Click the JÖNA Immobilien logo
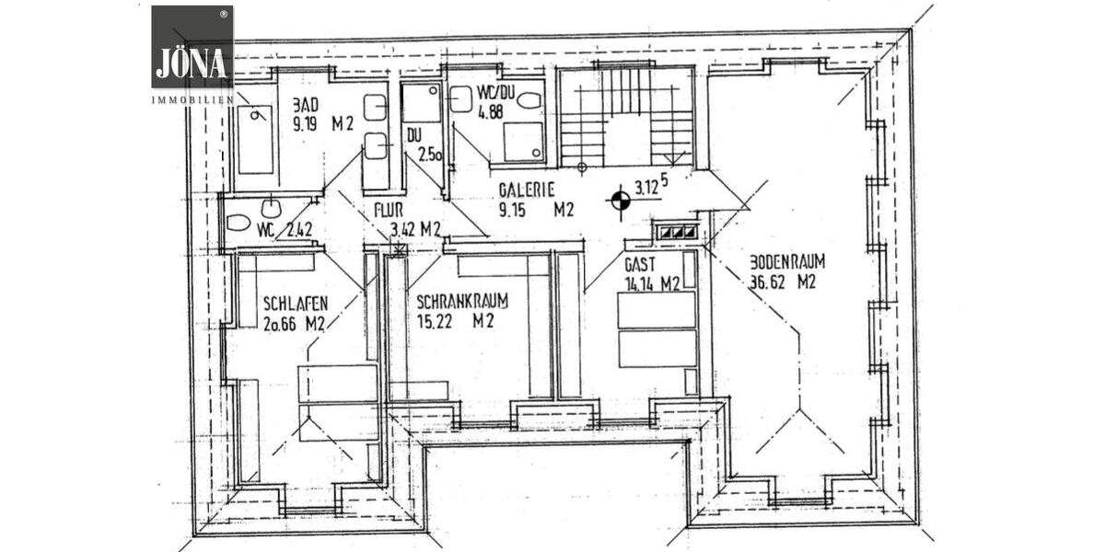coord(192,52)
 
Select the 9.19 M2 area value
coord(322,128)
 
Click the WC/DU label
coord(495,93)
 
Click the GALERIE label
coord(526,190)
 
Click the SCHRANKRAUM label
coord(462,302)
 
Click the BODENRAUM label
coord(782,260)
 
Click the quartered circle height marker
coord(620,198)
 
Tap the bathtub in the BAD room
coord(255,139)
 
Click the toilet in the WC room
coord(238,223)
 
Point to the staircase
coord(626,117)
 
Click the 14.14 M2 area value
coord(652,284)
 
